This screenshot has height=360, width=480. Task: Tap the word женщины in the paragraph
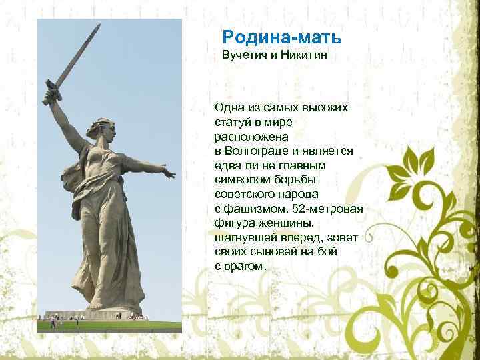[x=297, y=223]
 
